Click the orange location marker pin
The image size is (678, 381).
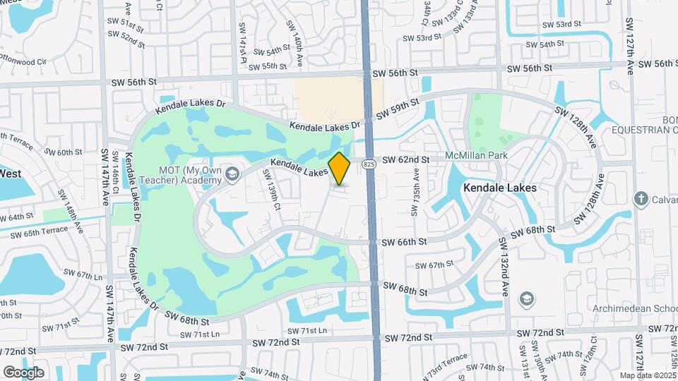[x=340, y=168]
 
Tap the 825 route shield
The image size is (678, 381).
[x=369, y=164]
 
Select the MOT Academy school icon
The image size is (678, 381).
[x=231, y=174]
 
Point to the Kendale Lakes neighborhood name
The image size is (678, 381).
[x=500, y=188]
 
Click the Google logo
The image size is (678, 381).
[x=23, y=372]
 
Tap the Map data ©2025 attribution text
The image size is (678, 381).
[x=648, y=375]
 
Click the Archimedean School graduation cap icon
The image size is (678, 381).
[x=525, y=299]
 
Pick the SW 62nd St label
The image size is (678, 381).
[x=406, y=161]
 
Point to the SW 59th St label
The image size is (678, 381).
[x=398, y=110]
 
